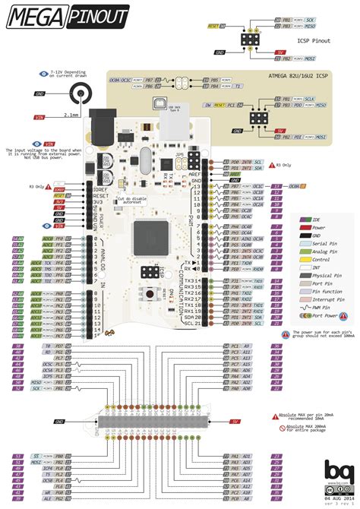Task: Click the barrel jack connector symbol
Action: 78,96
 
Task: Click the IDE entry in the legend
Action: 311,218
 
